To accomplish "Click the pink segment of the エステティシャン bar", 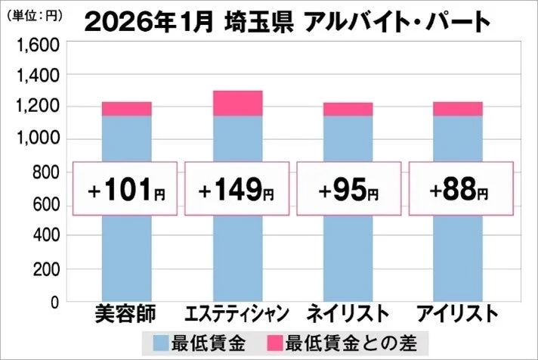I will pos(237,104).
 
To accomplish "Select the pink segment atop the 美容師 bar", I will pos(126,109).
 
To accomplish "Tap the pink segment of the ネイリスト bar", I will pos(348,110).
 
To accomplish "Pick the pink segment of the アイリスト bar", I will pos(458,109).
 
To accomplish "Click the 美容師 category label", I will pos(125,313).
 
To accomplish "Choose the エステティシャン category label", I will pos(237,313).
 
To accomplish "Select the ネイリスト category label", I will pos(348,313).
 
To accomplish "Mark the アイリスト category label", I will pos(458,313).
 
